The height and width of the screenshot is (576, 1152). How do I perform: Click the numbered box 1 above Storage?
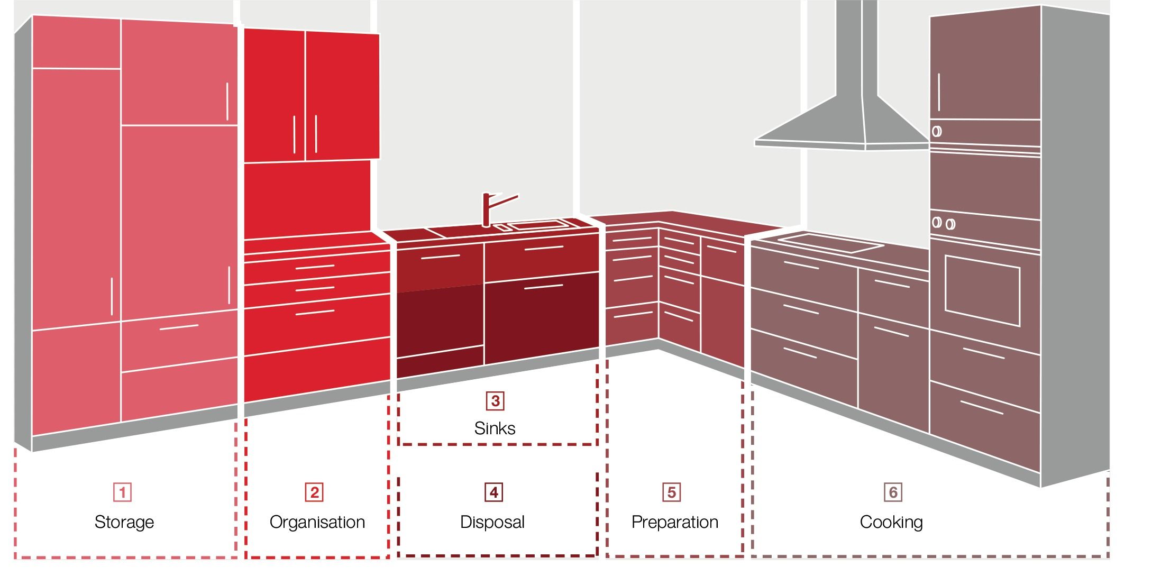tap(122, 492)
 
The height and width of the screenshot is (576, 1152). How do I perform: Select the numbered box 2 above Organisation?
tap(314, 492)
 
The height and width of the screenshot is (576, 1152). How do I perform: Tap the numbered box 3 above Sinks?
tap(495, 400)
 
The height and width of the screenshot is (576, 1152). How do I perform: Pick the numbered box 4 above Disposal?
tap(493, 492)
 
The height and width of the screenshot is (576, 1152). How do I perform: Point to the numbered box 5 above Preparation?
tap(671, 492)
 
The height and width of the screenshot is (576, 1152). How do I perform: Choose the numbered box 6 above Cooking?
tap(893, 492)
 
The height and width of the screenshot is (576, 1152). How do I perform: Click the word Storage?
tap(124, 522)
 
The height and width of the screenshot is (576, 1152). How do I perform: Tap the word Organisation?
tap(317, 522)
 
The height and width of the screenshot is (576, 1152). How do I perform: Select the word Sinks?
tap(495, 428)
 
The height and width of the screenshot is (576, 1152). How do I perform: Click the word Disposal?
tap(492, 522)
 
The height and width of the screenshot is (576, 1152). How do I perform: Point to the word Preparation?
tap(675, 522)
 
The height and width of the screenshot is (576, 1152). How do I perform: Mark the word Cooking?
tap(891, 522)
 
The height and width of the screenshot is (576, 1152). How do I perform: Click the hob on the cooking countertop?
tap(830, 243)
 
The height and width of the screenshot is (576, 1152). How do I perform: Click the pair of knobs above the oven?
tap(943, 223)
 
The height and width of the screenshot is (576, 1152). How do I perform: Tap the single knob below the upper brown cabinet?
tap(937, 131)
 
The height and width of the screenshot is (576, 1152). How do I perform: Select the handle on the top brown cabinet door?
tap(939, 93)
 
